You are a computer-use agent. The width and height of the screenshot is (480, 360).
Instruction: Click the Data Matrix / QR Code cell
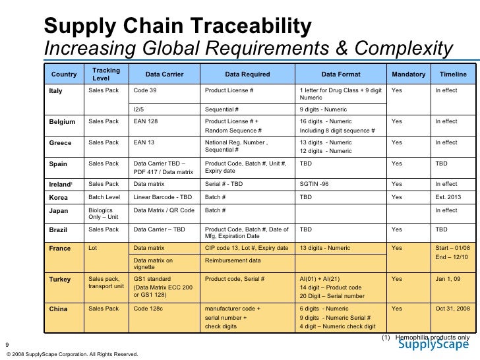164,210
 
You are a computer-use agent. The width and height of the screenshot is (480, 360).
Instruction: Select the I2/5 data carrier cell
140,109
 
